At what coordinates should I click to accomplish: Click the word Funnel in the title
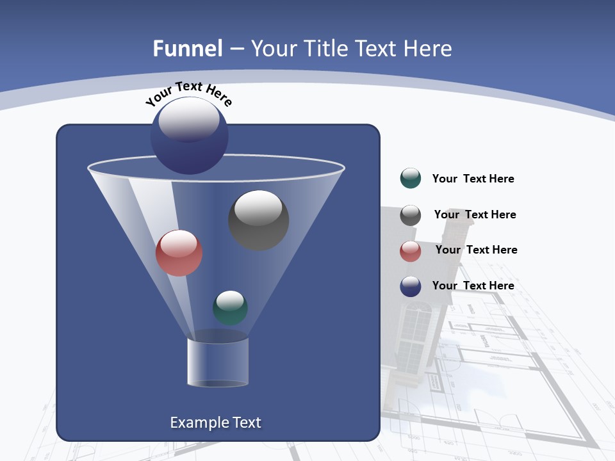click(188, 49)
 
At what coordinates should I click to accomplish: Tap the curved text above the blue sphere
click(188, 93)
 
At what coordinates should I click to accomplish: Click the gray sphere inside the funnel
click(259, 220)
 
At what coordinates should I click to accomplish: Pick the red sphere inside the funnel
click(179, 253)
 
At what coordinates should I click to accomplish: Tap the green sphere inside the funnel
click(230, 307)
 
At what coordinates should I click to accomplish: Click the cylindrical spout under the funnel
click(218, 362)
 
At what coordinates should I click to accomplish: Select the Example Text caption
click(216, 423)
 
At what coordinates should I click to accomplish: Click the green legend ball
click(411, 179)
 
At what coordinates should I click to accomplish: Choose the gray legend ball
click(411, 215)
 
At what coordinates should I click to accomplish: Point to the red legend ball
click(411, 251)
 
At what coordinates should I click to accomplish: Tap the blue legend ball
click(411, 286)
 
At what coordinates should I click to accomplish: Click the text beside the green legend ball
click(473, 179)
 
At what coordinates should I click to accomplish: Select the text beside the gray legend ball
click(475, 215)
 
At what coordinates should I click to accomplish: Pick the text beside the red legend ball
click(476, 250)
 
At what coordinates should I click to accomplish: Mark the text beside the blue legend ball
click(473, 286)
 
